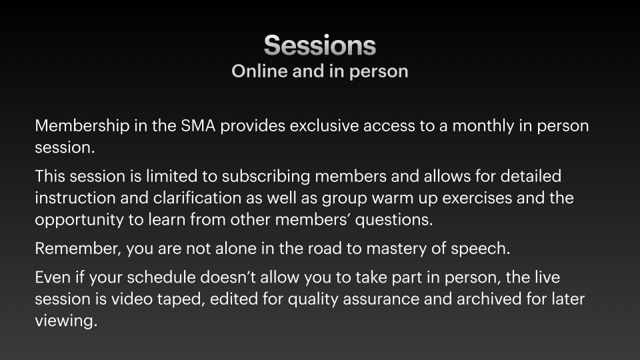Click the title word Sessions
point(319,45)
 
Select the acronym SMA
point(198,126)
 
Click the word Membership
point(82,126)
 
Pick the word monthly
point(483,126)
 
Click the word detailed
point(531,176)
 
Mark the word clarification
point(197,198)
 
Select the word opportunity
point(79,220)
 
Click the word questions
point(394,220)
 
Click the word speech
point(481,249)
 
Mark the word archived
point(489,299)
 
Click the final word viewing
point(66,321)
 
